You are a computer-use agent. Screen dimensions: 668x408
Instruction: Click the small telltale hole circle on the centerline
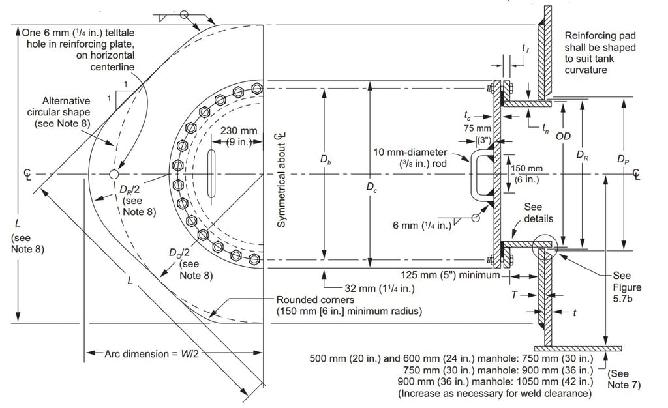[114, 174]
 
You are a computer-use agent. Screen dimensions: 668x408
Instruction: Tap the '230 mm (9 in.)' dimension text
[239, 136]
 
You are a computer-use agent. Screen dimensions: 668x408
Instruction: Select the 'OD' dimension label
[563, 136]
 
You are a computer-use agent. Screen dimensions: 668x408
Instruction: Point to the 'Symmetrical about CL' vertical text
[281, 179]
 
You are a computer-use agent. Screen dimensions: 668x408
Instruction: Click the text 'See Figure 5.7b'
[627, 287]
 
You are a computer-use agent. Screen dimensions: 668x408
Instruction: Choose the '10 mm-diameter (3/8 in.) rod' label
[410, 158]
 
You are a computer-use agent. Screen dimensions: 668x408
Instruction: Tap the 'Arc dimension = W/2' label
[151, 353]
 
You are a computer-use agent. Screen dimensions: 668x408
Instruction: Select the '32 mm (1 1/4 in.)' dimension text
[380, 289]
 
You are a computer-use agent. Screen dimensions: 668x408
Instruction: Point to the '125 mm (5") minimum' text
[450, 275]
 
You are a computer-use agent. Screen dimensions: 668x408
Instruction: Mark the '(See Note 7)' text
[624, 379]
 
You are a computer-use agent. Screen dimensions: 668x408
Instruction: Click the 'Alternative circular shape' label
[59, 112]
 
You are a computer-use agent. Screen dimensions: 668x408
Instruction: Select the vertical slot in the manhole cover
[211, 174]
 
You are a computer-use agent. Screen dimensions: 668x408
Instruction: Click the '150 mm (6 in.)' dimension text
[527, 174]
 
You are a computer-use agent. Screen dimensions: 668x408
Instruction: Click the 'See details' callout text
[538, 212]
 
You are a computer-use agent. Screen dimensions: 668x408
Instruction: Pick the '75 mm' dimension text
[478, 128]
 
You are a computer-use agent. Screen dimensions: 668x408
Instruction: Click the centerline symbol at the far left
[27, 175]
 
